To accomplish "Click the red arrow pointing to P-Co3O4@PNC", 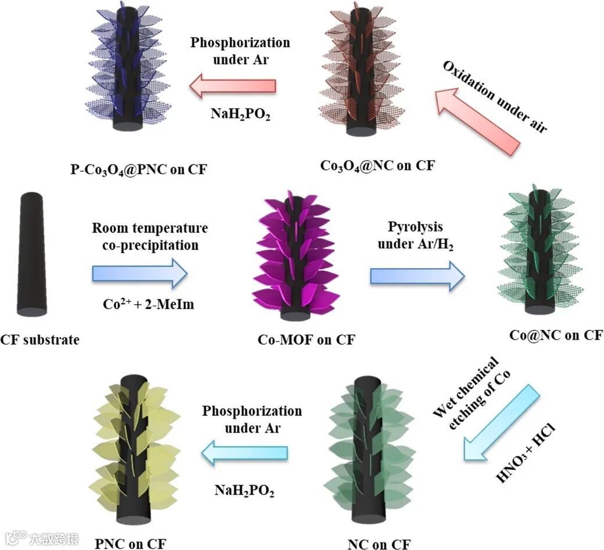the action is pyautogui.click(x=233, y=86).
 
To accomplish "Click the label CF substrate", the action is pyautogui.click(x=40, y=339).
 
